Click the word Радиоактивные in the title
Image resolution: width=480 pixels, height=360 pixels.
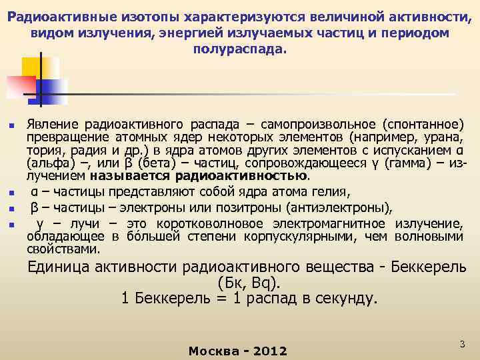pos(50,17)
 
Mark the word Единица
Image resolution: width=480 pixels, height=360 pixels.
pos(58,268)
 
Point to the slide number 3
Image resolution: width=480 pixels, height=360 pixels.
pos(461,343)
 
